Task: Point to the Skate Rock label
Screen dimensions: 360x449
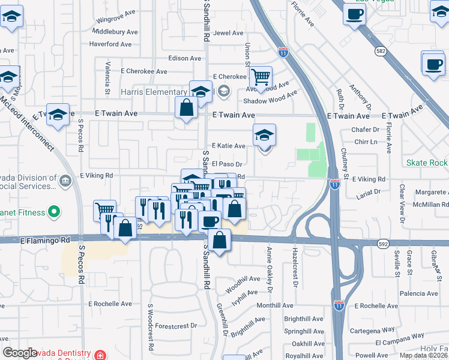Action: click(427, 163)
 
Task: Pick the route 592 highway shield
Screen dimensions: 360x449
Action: click(384, 244)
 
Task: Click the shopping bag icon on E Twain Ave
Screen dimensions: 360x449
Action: click(187, 109)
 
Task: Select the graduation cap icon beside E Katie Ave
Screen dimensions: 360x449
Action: click(264, 136)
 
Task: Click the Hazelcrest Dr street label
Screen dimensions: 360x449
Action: click(295, 267)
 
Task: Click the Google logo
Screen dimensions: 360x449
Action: click(20, 353)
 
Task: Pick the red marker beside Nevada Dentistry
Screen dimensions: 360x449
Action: click(98, 355)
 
